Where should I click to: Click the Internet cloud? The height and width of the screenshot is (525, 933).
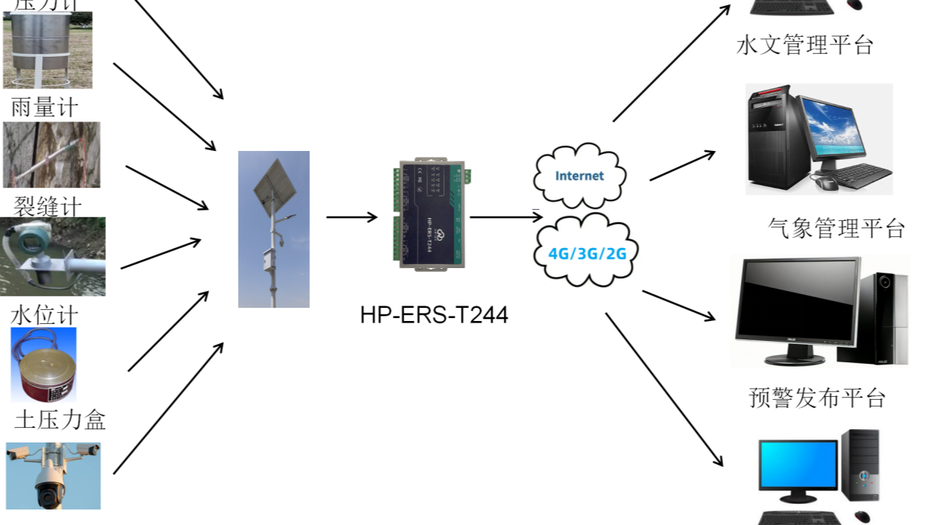pyautogui.click(x=580, y=176)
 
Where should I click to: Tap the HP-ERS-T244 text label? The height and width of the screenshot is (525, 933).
pyautogui.click(x=434, y=315)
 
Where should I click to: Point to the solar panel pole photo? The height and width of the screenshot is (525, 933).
pyautogui.click(x=274, y=229)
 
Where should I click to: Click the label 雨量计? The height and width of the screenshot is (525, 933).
pyautogui.click(x=44, y=108)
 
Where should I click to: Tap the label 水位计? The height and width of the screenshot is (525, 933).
pyautogui.click(x=44, y=315)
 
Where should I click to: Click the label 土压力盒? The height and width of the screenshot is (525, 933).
pyautogui.click(x=60, y=420)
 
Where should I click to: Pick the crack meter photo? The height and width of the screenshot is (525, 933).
pyautogui.click(x=52, y=155)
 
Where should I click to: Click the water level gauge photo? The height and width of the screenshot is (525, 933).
pyautogui.click(x=52, y=256)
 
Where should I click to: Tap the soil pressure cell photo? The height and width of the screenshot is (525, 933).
pyautogui.click(x=43, y=364)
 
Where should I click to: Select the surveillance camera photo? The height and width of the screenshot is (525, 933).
pyautogui.click(x=53, y=476)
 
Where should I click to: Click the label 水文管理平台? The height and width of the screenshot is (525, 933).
pyautogui.click(x=804, y=46)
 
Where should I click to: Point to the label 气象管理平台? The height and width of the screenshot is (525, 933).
pyautogui.click(x=836, y=228)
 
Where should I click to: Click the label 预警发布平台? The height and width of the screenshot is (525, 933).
pyautogui.click(x=817, y=398)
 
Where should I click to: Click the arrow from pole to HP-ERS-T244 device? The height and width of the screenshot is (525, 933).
pyautogui.click(x=351, y=217)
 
